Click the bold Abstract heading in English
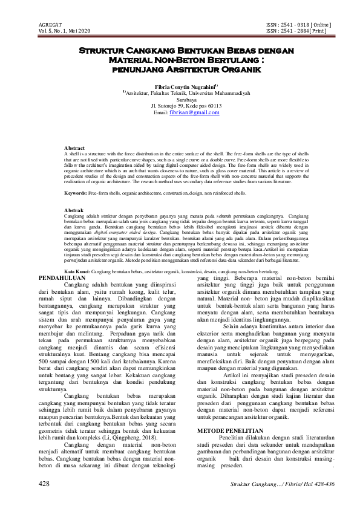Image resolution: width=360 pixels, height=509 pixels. pos(74,148)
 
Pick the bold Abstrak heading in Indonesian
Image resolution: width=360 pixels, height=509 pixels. pos(74,210)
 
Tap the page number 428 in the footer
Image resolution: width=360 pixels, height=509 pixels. pos(44,484)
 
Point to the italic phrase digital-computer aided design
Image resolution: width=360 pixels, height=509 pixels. pos(125,232)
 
